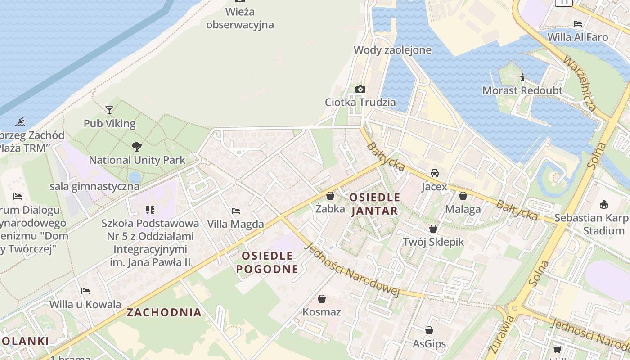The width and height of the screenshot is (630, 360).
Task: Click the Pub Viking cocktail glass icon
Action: click(109, 110)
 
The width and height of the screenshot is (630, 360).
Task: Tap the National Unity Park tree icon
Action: click(136, 146)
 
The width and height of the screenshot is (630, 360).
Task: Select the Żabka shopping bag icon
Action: click(330, 196)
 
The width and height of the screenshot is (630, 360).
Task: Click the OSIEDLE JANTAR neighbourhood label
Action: click(374, 204)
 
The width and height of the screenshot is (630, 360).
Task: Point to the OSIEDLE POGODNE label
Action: click(267, 262)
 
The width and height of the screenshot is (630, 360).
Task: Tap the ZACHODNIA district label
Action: click(164, 312)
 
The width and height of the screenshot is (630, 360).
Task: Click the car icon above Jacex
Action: click(435, 173)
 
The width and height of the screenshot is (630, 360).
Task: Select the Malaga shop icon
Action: click(463, 196)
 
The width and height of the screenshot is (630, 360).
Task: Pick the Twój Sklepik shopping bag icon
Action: click(433, 229)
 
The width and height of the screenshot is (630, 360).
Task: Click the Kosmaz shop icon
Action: click(322, 299)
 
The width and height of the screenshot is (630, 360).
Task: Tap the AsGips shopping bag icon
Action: click(429, 331)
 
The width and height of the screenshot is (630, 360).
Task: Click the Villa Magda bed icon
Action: click(235, 211)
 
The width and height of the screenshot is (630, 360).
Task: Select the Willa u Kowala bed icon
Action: click(85, 291)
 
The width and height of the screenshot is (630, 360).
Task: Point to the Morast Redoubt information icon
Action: click(522, 77)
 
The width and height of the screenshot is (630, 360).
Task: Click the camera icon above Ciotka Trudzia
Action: click(360, 89)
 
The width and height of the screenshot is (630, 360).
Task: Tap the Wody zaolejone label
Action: click(392, 50)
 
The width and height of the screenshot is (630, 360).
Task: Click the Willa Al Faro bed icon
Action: click(578, 23)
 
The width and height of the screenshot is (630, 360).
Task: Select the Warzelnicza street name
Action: click(580, 84)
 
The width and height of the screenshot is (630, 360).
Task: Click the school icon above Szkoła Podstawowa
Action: click(150, 210)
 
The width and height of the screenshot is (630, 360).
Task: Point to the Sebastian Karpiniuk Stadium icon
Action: click(604, 205)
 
